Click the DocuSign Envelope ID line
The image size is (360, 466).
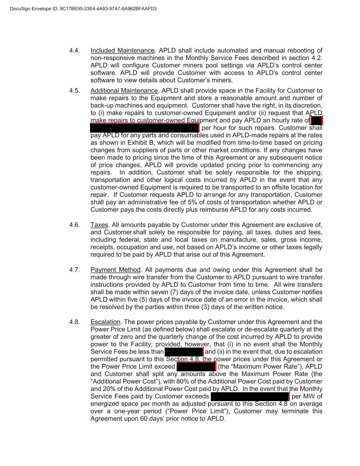tap(83, 9)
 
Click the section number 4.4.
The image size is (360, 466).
tap(74, 51)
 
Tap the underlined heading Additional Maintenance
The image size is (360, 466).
tap(124, 90)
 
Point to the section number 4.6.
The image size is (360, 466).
tap(74, 225)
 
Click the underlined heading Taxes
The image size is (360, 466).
tap(99, 225)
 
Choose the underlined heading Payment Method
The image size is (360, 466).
tap(115, 270)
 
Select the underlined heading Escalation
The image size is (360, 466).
tap(105, 322)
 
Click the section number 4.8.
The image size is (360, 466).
tap(74, 322)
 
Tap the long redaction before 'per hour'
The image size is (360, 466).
tap(144, 128)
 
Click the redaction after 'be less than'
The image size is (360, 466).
tap(184, 352)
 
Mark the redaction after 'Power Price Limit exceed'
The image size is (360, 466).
tap(196, 367)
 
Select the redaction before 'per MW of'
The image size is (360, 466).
tap(250, 396)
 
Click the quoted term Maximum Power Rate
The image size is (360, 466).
tap(251, 367)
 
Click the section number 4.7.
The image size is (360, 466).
tap(74, 270)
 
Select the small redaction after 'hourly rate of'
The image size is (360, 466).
tap(316, 120)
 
